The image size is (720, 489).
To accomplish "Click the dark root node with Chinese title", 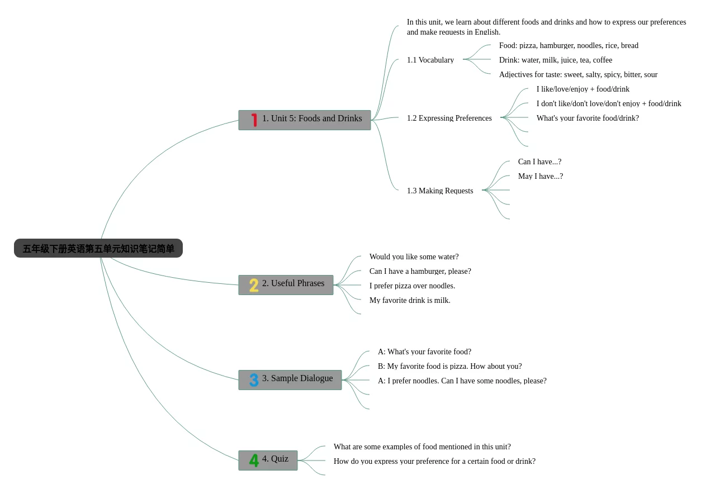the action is click(x=98, y=248).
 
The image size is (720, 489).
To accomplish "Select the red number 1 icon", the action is click(x=254, y=120).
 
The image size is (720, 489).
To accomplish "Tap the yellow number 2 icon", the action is click(x=254, y=285).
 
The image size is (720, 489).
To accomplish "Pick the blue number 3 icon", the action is click(x=254, y=380).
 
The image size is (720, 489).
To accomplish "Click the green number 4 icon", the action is click(x=254, y=460).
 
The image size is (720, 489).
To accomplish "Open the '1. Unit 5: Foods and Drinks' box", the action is click(x=305, y=120).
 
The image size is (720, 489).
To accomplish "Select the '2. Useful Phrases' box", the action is click(x=286, y=285).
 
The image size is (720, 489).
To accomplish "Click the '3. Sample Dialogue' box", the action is click(x=290, y=380).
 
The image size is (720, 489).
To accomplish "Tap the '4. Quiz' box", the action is click(x=268, y=460).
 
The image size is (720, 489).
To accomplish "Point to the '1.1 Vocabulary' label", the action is click(x=430, y=60).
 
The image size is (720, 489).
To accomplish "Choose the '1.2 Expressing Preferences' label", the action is click(x=449, y=118).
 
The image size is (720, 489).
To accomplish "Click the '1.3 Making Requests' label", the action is click(x=440, y=191).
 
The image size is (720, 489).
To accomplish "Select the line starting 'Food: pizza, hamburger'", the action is click(x=569, y=46).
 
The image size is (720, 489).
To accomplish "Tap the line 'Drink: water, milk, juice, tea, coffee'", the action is click(x=556, y=60).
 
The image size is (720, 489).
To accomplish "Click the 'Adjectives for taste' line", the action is click(x=578, y=74).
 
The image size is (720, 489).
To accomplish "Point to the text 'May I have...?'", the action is click(x=541, y=177).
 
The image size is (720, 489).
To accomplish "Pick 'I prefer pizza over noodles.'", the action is click(x=412, y=286).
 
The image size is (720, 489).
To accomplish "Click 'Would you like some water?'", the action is click(x=414, y=257).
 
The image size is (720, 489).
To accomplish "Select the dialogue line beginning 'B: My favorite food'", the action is click(x=449, y=366).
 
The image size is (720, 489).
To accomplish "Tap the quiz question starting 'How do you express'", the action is click(x=434, y=462).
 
